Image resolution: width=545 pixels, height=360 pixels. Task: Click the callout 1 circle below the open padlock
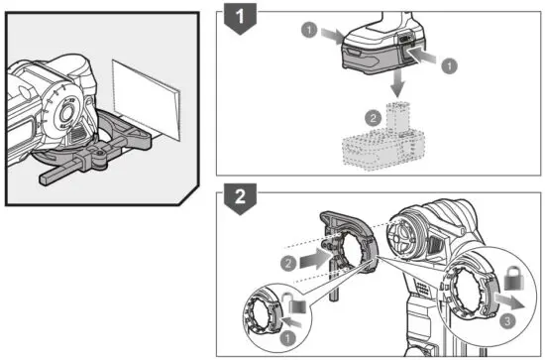[287, 336]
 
